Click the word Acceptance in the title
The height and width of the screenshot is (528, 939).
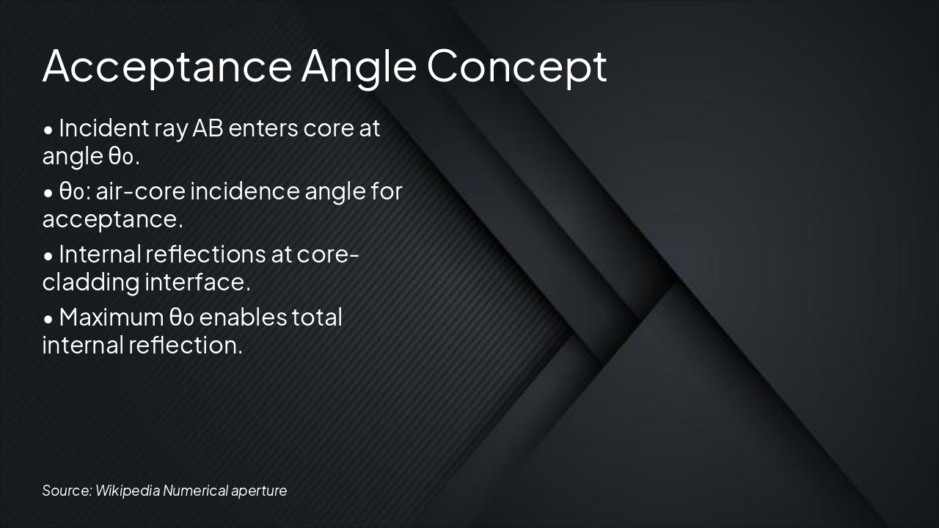tap(167, 67)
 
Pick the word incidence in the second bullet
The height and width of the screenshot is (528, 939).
tap(245, 191)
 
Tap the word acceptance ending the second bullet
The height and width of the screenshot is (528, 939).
tap(112, 219)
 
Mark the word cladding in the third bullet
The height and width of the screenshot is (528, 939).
tap(90, 282)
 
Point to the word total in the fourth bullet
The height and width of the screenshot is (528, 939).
tap(317, 318)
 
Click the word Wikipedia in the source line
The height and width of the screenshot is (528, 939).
tap(127, 491)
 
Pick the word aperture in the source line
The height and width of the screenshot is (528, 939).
tap(259, 491)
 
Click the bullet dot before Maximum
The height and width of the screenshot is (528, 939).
tap(48, 319)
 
